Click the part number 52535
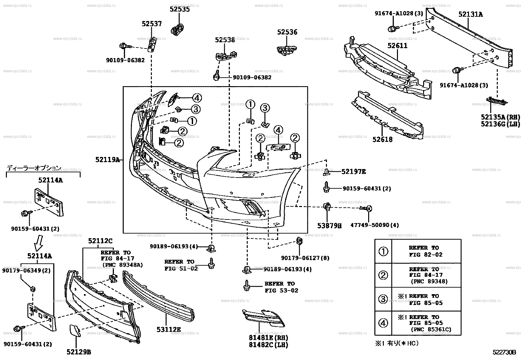179,9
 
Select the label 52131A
470,14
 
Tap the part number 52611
397,46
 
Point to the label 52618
382,140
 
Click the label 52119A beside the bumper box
107,160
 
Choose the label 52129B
79,352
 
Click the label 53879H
329,226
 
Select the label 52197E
353,171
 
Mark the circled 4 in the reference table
383,323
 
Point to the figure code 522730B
504,352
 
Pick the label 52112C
100,241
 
